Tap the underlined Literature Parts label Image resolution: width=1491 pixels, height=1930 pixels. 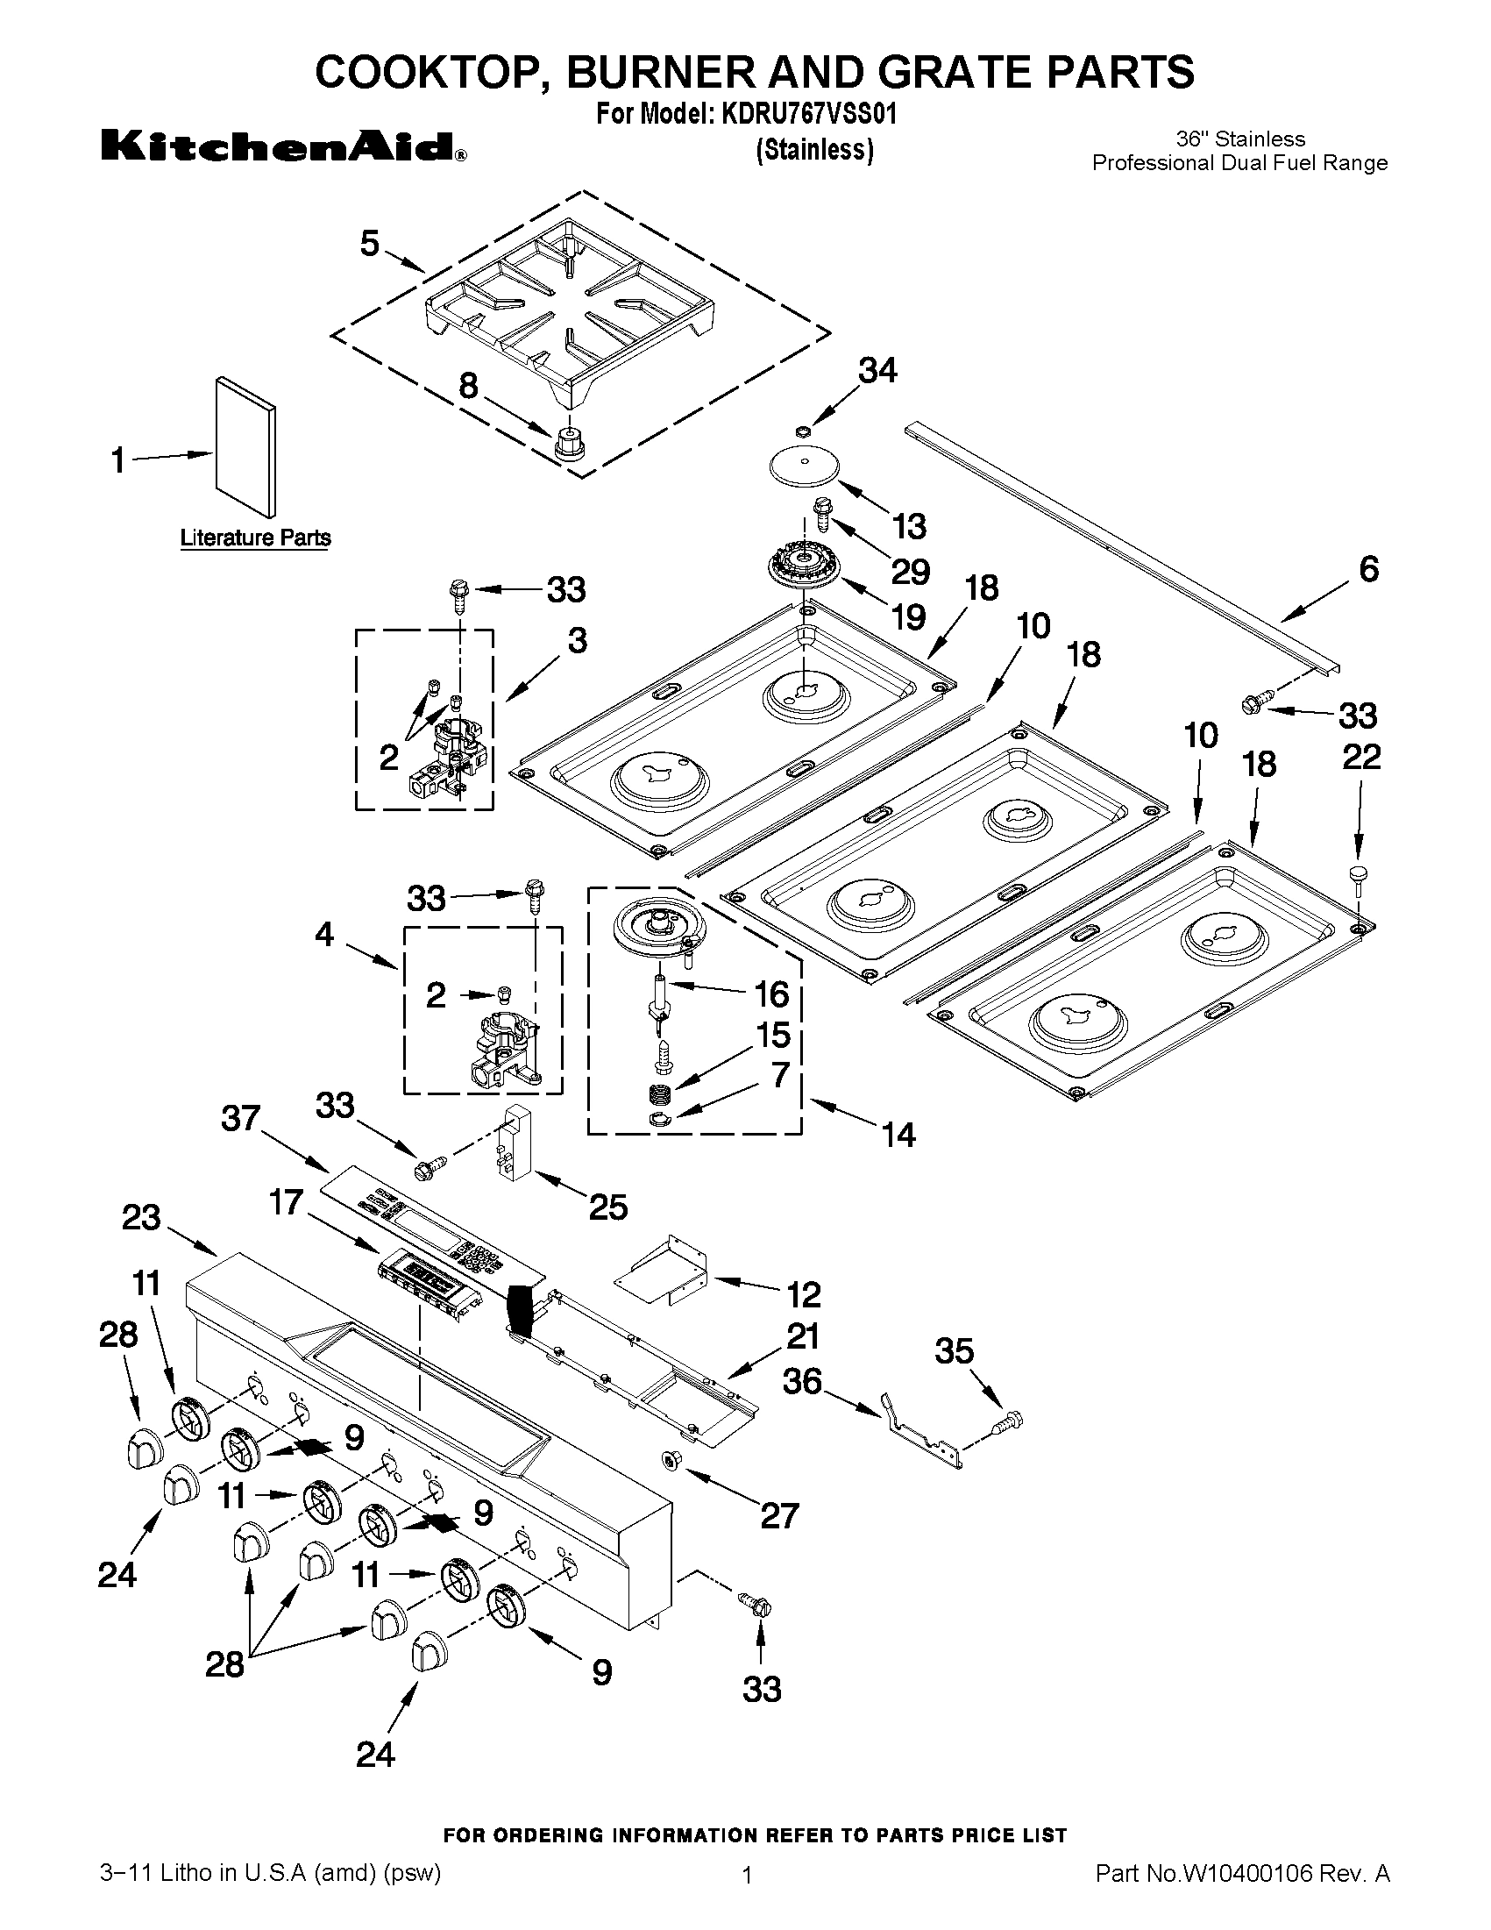pyautogui.click(x=255, y=538)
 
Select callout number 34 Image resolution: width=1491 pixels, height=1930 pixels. pyautogui.click(x=877, y=371)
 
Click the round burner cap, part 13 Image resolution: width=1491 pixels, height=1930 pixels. pyautogui.click(x=805, y=466)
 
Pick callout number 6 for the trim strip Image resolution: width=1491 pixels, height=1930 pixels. pyautogui.click(x=1367, y=570)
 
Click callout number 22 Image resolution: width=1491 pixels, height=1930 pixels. pyautogui.click(x=1360, y=758)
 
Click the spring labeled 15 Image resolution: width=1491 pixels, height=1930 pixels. pyautogui.click(x=659, y=1094)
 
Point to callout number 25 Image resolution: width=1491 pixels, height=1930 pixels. pyautogui.click(x=608, y=1207)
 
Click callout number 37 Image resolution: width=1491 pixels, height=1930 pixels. pyautogui.click(x=240, y=1119)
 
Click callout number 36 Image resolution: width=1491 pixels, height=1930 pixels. pyautogui.click(x=802, y=1381)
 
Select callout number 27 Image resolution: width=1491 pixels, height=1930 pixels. pyautogui.click(x=779, y=1516)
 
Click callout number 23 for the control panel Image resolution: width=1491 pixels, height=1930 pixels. pyautogui.click(x=141, y=1218)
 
